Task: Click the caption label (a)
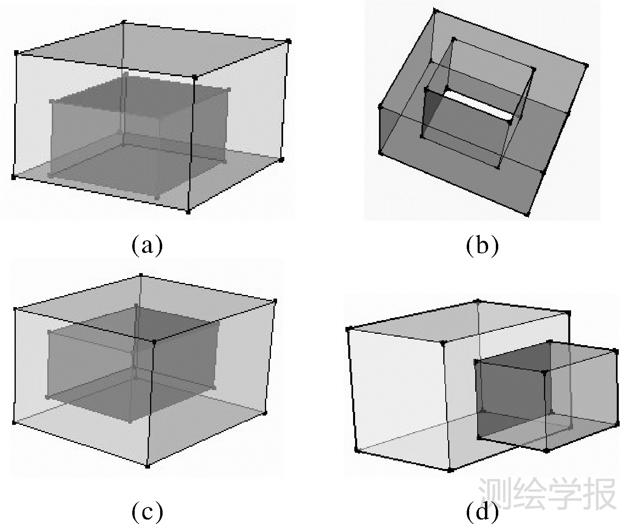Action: point(147,245)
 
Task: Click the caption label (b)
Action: point(482,245)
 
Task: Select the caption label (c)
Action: point(147,511)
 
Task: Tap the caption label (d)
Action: point(482,511)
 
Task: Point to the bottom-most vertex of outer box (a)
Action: point(188,212)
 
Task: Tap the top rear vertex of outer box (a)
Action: point(124,22)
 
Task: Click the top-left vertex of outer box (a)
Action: point(16,53)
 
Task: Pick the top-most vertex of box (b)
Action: point(436,11)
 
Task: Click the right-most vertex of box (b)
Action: point(586,66)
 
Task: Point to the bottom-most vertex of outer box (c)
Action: point(147,467)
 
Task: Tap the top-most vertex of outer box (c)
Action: point(141,276)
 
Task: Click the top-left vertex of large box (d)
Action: point(349,329)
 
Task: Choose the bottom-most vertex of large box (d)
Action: point(449,470)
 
